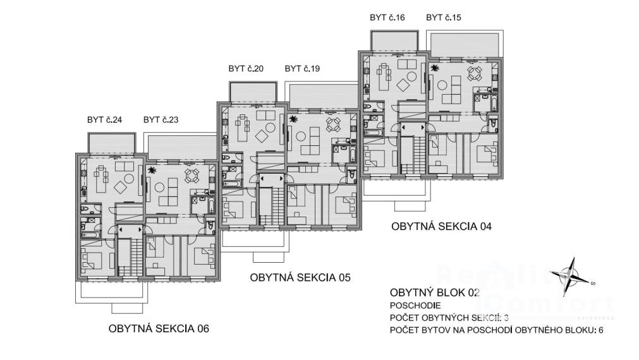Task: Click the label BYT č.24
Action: (104, 120)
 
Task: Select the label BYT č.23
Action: (161, 120)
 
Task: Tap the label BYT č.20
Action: (246, 69)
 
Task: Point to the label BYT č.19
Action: (302, 69)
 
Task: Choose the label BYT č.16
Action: (387, 18)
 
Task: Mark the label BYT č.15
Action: (444, 18)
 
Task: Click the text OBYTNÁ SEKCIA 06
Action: (159, 328)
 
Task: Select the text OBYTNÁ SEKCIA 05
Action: (300, 277)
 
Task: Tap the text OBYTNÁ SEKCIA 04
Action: (441, 226)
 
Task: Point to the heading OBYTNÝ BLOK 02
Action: (435, 293)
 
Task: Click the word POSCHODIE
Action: (415, 306)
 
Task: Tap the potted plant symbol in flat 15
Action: (435, 68)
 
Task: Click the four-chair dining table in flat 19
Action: (332, 123)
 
